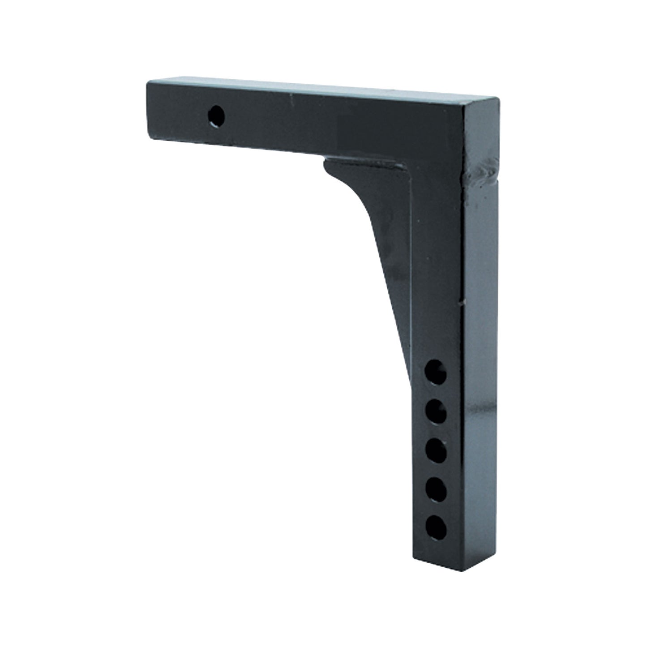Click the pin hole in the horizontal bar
217,116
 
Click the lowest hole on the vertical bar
436,529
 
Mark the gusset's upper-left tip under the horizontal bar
326,159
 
